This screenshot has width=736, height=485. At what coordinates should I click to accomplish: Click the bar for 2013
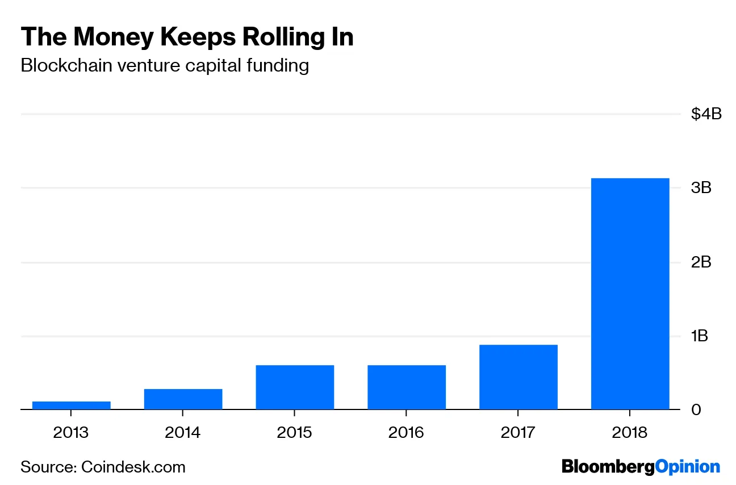coord(71,405)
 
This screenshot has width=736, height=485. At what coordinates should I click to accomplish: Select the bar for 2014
coord(183,399)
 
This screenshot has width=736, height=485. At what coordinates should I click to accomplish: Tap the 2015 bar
coord(295,387)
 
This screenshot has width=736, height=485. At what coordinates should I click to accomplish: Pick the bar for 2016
coord(407,387)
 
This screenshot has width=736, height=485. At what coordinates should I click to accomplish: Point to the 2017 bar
coord(518,377)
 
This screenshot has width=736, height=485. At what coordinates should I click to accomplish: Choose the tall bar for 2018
coord(630,294)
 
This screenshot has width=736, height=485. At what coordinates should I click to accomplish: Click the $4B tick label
coord(706,114)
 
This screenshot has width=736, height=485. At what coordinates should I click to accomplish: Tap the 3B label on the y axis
coord(701,188)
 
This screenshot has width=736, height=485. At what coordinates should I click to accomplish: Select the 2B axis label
coord(701,262)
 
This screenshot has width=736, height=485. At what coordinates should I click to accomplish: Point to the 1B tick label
coord(700,336)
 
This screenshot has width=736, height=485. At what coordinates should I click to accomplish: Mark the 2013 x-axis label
coord(71,433)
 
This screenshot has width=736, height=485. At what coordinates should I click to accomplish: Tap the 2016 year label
coord(407,433)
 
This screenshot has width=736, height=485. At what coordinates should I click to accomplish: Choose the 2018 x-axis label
coord(630,433)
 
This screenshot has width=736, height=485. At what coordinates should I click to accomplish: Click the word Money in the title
coord(112,37)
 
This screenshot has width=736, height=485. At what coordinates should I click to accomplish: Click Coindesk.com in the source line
coord(133,467)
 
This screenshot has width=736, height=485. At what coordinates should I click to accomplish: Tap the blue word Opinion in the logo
coord(688,467)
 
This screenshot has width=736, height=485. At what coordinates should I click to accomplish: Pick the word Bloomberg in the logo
coord(608,467)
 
